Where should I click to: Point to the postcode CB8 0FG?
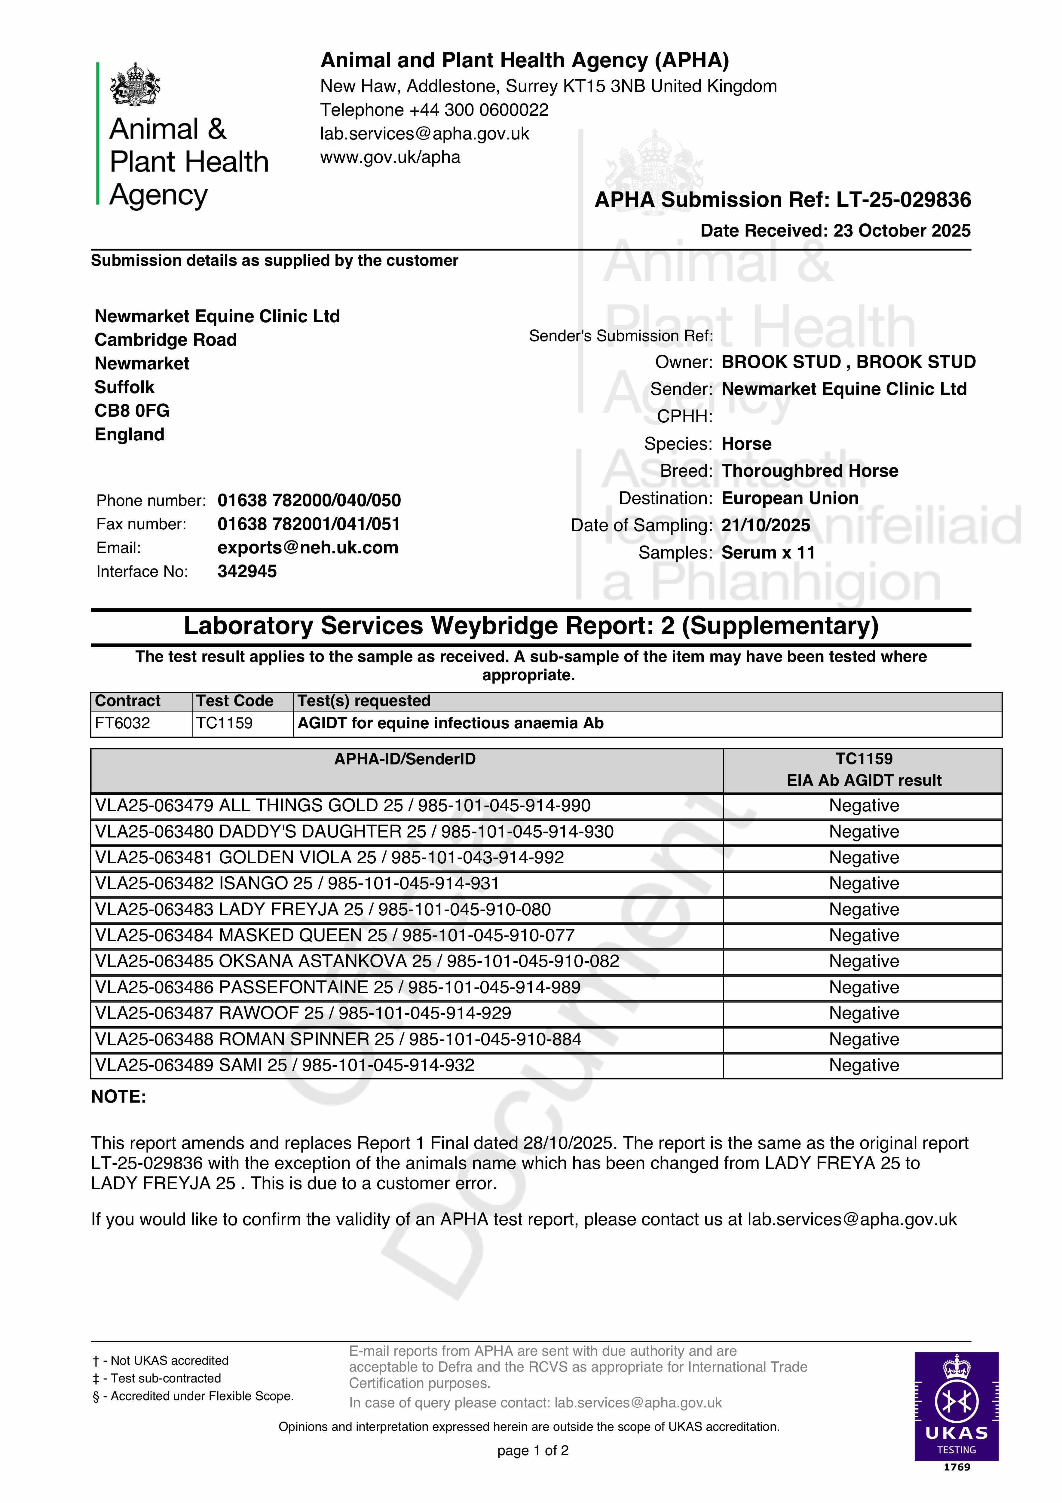pyautogui.click(x=132, y=410)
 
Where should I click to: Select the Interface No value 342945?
pyautogui.click(x=247, y=571)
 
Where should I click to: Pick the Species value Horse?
pyautogui.click(x=746, y=444)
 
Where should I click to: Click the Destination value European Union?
pyautogui.click(x=790, y=498)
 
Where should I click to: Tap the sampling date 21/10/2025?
pyautogui.click(x=765, y=525)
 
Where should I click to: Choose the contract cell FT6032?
pyautogui.click(x=122, y=723)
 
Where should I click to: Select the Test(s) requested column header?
pyautogui.click(x=364, y=701)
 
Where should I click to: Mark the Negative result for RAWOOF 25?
pyautogui.click(x=864, y=1013)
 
